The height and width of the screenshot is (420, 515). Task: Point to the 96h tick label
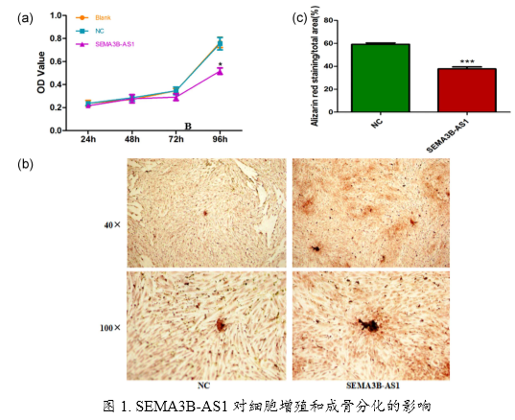(x=220, y=140)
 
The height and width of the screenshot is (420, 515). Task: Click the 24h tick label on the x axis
(x=88, y=140)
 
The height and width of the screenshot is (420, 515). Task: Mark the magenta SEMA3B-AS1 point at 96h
(x=220, y=71)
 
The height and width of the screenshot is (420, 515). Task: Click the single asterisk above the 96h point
(x=221, y=62)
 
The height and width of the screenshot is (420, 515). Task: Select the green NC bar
(x=381, y=78)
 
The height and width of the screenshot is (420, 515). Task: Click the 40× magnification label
(x=112, y=225)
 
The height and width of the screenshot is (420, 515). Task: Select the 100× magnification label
(x=110, y=327)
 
